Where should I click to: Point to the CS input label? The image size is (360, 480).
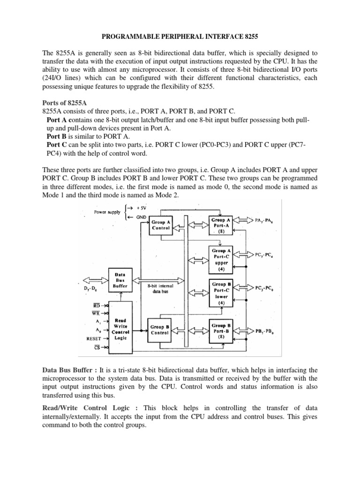[x=97, y=347]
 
